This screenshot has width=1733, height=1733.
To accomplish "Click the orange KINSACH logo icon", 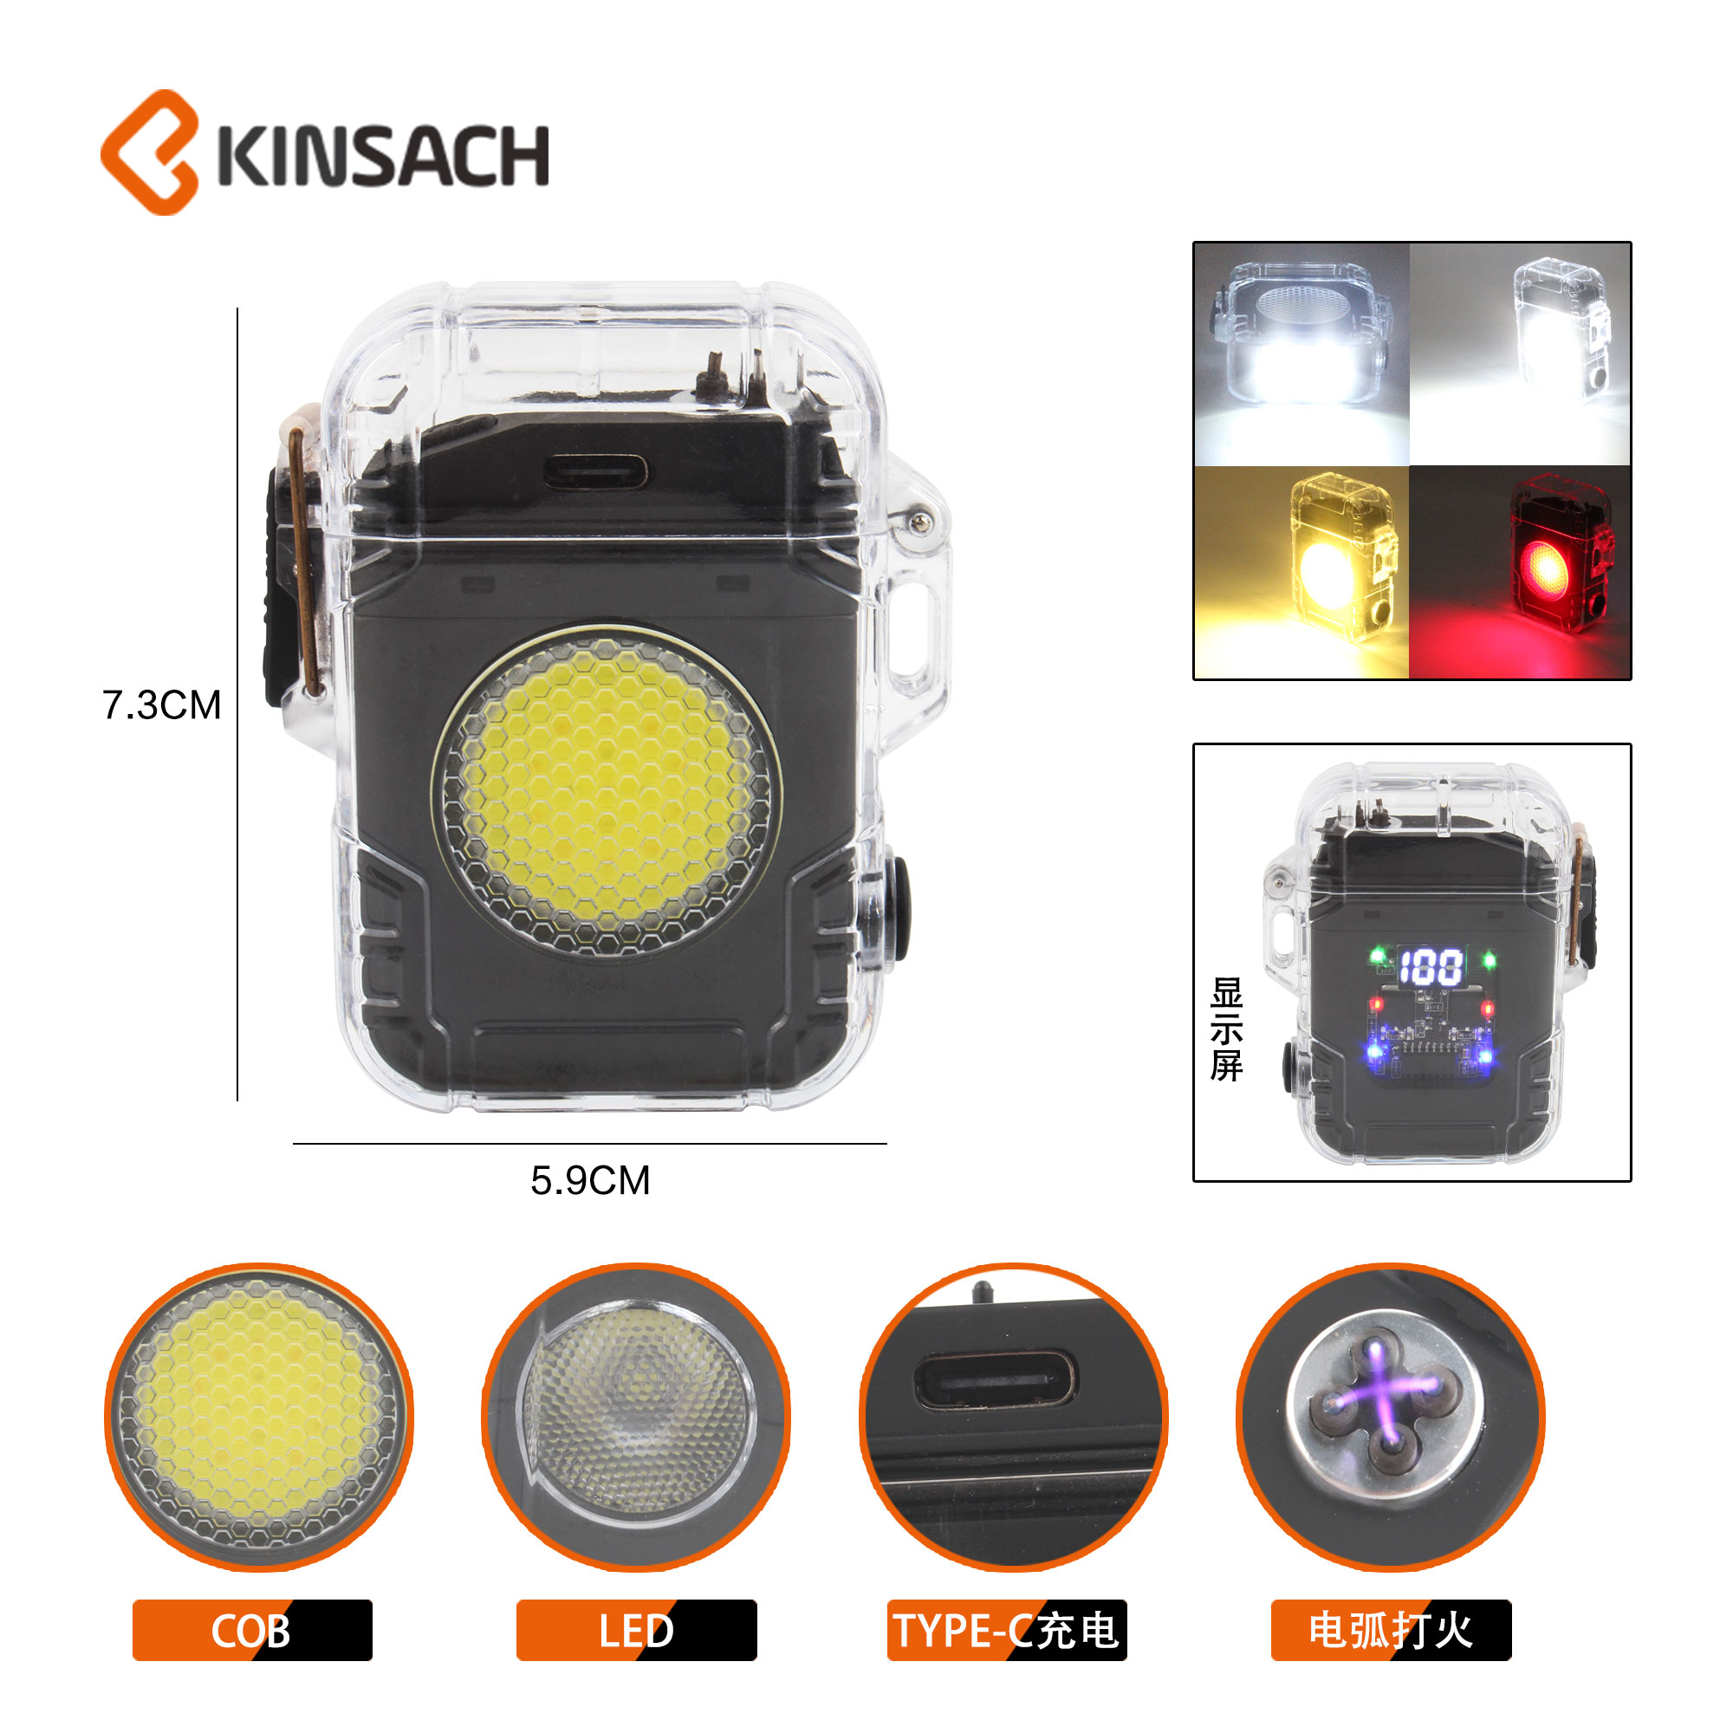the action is (x=150, y=153).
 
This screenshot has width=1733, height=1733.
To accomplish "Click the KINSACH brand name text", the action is (x=383, y=157).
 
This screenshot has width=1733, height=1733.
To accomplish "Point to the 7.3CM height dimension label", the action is (x=161, y=705).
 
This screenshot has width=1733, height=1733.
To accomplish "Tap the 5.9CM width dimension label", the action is (x=590, y=1180).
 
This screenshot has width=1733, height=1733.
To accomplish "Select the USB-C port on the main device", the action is (x=594, y=470).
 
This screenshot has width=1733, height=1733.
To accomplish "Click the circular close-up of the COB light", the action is (x=259, y=1418).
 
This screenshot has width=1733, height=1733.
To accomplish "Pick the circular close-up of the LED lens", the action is (x=636, y=1418).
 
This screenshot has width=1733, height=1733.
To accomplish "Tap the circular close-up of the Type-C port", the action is (x=1014, y=1418).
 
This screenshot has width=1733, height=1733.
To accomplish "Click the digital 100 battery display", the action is (x=1431, y=967).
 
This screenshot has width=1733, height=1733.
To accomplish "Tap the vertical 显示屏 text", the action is (x=1226, y=1029).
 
